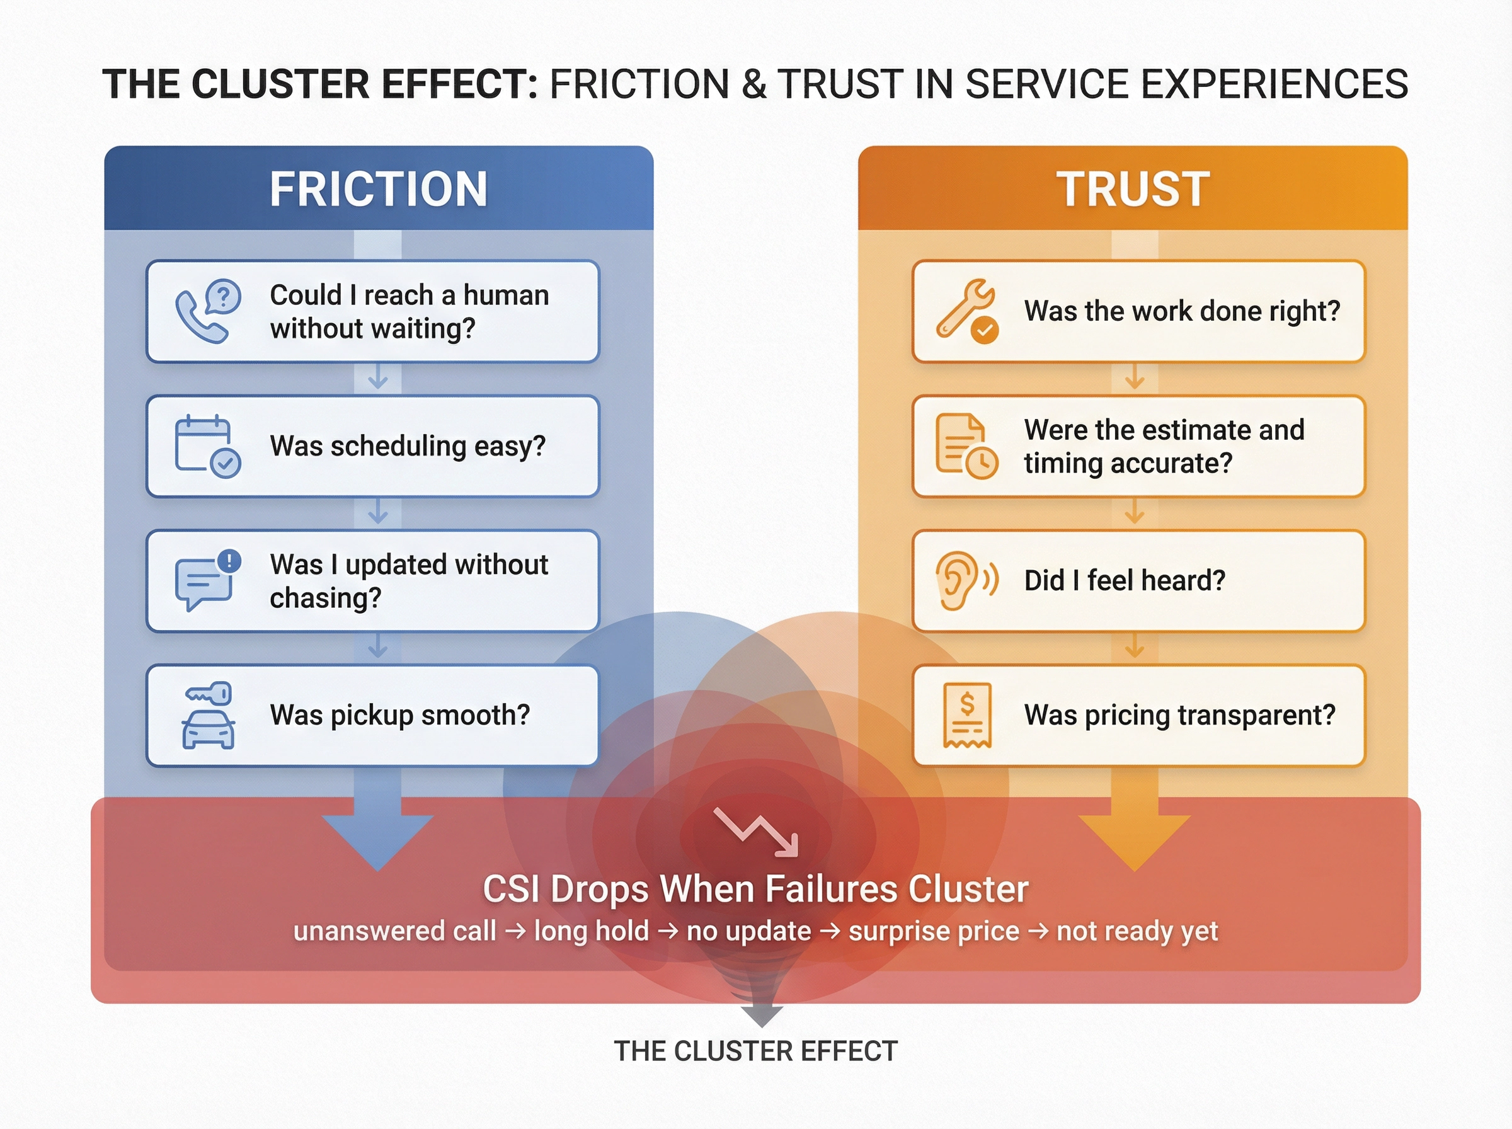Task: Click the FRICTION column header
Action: [x=379, y=188]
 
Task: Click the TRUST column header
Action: [x=1133, y=188]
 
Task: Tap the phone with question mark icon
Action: [x=208, y=311]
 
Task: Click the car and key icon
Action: [x=209, y=715]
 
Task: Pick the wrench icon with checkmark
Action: [x=967, y=311]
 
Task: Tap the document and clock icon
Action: [x=966, y=445]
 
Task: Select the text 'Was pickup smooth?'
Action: [x=399, y=715]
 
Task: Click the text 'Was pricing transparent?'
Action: [x=1179, y=715]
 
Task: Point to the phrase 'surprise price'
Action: [x=933, y=931]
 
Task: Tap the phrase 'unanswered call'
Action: [x=395, y=931]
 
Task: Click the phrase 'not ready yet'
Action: [x=1137, y=931]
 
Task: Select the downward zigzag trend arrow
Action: [x=755, y=831]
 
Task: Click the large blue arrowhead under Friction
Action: [x=378, y=840]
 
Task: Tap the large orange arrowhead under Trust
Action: [x=1134, y=840]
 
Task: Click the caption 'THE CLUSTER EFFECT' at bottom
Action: [x=755, y=1051]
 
